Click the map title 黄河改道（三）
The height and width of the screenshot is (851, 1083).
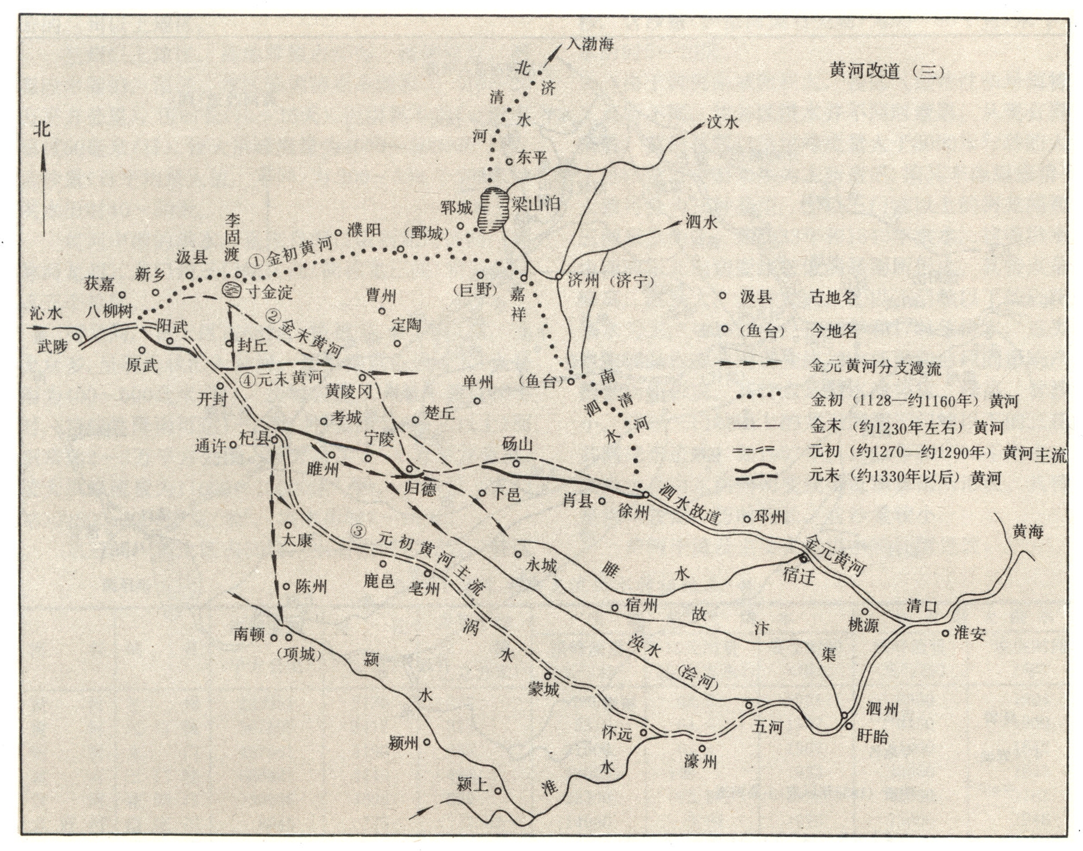(x=887, y=72)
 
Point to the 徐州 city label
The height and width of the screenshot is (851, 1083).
(x=633, y=511)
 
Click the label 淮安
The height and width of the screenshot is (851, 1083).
(x=969, y=633)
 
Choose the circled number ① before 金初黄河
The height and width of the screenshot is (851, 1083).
(x=256, y=261)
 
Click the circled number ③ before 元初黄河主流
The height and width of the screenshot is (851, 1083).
(x=358, y=532)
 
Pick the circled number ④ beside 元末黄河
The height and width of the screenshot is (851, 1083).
(x=247, y=380)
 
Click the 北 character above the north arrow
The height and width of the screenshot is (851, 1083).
(x=42, y=129)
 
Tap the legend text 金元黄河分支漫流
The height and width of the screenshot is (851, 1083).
(x=875, y=367)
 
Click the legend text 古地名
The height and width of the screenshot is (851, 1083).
(x=833, y=297)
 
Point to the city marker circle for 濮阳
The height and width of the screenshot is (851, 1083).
(x=338, y=233)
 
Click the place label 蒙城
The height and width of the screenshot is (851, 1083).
(x=543, y=690)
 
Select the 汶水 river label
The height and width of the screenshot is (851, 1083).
(x=722, y=122)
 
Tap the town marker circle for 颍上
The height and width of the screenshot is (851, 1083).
(x=498, y=791)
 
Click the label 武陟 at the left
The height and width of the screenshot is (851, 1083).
(x=53, y=346)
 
